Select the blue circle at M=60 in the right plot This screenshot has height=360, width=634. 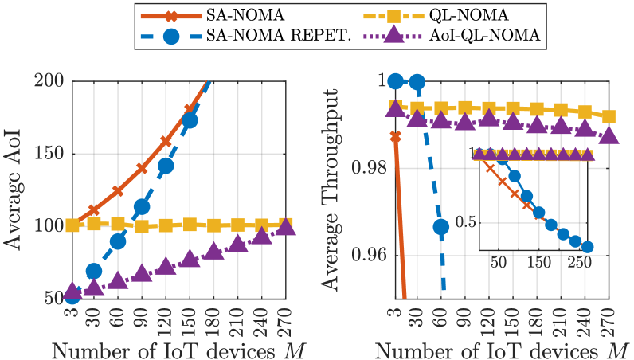click(441, 227)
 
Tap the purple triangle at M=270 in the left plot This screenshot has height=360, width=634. click(286, 227)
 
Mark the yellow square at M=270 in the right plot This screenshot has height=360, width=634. click(609, 117)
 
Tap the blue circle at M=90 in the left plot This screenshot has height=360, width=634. click(142, 207)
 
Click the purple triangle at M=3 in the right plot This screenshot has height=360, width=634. click(393, 109)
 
